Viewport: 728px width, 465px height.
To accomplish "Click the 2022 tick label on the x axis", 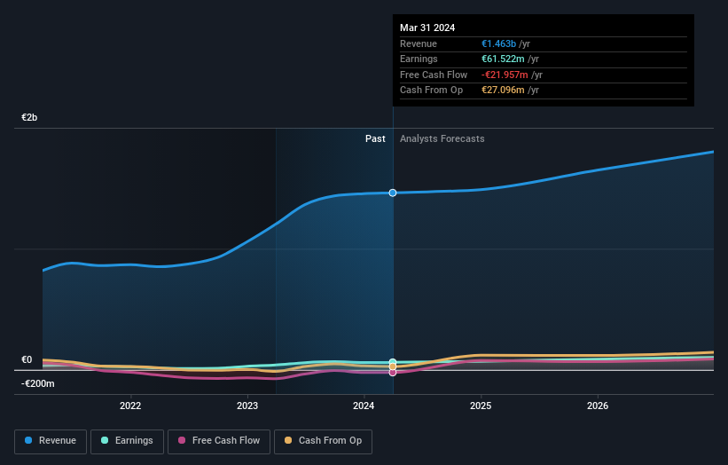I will click(x=130, y=406).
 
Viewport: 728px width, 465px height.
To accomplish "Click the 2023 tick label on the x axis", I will click(x=247, y=406).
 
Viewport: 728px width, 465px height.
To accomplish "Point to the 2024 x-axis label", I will click(x=364, y=406).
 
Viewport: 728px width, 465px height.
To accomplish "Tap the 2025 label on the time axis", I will click(x=481, y=406).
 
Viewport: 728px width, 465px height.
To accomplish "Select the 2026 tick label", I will click(x=598, y=406).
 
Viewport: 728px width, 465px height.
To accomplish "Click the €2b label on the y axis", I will click(x=29, y=118).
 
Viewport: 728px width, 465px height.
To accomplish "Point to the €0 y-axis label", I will click(x=27, y=359).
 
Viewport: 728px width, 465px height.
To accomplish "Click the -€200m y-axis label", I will click(x=38, y=383).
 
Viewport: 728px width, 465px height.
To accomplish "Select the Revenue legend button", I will click(x=51, y=440).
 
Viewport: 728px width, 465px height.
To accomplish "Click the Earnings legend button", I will click(x=127, y=440).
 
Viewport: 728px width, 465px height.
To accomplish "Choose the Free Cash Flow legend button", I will click(x=217, y=440).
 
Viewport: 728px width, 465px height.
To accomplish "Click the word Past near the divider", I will click(x=375, y=138).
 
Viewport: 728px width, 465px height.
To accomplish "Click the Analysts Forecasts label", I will click(x=442, y=138).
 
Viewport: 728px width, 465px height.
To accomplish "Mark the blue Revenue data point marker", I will click(x=393, y=193).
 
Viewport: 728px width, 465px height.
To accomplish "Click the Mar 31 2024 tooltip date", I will click(x=427, y=28).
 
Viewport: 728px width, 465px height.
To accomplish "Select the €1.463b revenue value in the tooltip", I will click(x=505, y=43).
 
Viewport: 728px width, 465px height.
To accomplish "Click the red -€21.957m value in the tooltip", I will click(x=512, y=75).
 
